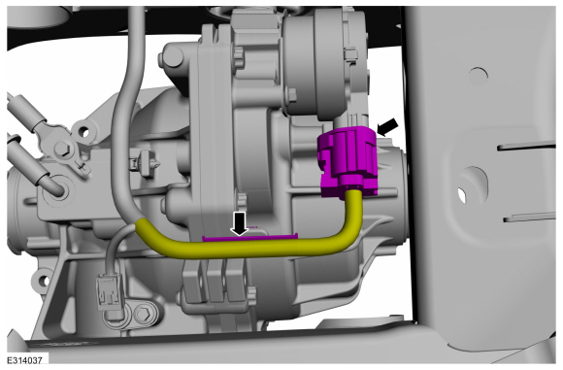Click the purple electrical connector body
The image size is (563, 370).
click(x=348, y=161)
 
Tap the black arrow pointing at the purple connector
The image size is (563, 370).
click(x=388, y=127)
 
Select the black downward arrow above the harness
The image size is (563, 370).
click(x=239, y=223)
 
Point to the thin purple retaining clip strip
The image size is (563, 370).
click(x=250, y=236)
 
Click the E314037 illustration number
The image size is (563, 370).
click(x=25, y=360)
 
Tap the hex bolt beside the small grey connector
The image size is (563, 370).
click(x=145, y=314)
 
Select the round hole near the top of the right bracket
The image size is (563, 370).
click(x=479, y=76)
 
